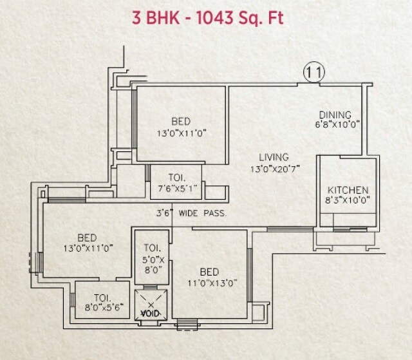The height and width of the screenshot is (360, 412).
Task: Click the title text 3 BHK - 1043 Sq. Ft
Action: pyautogui.click(x=206, y=17)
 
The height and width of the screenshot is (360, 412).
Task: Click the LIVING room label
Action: pyautogui.click(x=274, y=157)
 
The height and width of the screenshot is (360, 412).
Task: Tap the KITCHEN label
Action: pyautogui.click(x=348, y=190)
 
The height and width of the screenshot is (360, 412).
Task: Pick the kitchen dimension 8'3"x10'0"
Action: pyautogui.click(x=348, y=201)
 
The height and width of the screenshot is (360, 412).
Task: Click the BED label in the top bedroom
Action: pyautogui.click(x=181, y=122)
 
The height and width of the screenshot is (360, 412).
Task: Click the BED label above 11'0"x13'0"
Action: pyautogui.click(x=209, y=271)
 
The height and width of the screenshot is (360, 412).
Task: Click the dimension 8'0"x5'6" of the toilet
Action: pyautogui.click(x=100, y=308)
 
